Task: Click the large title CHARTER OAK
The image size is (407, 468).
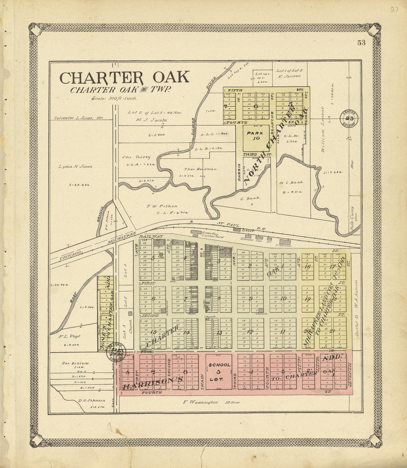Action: pos(124,78)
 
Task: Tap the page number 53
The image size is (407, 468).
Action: pos(361,43)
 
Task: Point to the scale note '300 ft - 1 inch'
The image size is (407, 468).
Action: pos(114,98)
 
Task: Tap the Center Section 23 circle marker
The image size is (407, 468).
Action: pos(349,118)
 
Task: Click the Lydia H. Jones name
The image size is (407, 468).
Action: pos(75,167)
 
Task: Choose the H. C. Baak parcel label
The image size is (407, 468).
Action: pos(291,183)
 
